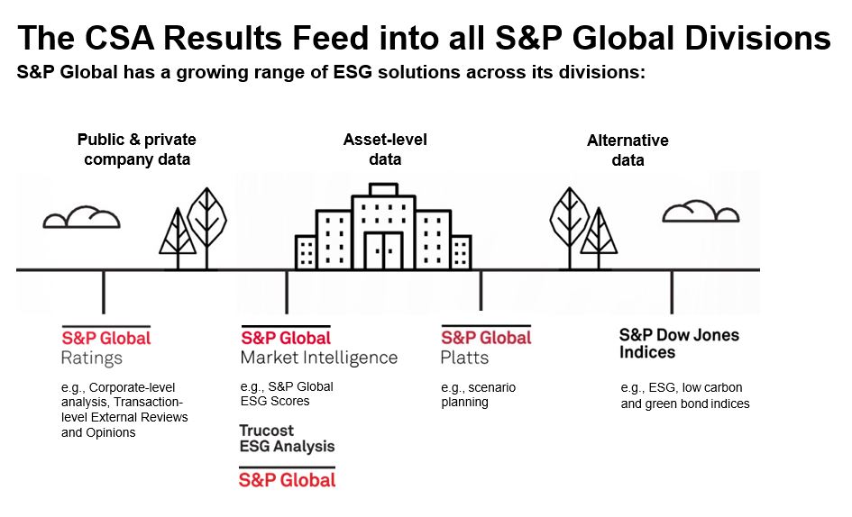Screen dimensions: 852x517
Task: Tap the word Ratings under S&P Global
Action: [x=92, y=358]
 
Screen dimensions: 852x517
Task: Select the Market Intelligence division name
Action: [x=319, y=358]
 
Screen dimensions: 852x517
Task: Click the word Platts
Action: [x=464, y=358]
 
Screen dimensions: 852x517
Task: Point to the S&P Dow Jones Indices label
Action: [x=679, y=343]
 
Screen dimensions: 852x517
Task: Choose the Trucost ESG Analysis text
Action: [x=287, y=439]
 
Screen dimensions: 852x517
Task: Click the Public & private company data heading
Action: [x=137, y=150]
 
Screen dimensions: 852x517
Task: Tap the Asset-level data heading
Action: [x=385, y=150]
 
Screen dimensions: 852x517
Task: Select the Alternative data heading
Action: [x=628, y=150]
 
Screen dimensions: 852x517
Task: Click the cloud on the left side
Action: [x=81, y=217]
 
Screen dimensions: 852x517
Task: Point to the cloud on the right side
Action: [x=701, y=212]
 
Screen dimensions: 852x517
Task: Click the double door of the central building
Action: [x=383, y=251]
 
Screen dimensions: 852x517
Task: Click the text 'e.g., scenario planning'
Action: [x=478, y=395]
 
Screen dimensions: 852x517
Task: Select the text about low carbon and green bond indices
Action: [x=685, y=396]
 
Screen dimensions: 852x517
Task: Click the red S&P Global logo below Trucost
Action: [x=287, y=480]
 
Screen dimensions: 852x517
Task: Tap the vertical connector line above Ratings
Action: [x=104, y=292]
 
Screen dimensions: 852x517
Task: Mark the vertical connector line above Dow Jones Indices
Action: [x=672, y=292]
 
